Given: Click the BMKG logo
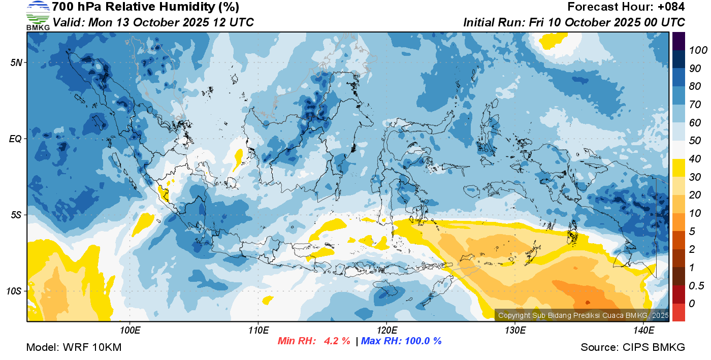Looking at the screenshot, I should click(38, 16).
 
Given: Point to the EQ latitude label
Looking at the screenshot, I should click(15, 139).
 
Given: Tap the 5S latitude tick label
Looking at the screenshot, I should click(15, 215).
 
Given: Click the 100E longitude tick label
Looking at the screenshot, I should click(130, 331).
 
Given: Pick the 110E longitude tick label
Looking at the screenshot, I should click(258, 331).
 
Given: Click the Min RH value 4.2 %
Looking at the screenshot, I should click(337, 341).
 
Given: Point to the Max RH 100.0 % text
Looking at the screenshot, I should click(401, 341).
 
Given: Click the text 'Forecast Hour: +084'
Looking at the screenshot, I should click(626, 7).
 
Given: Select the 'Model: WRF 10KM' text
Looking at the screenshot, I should click(74, 347).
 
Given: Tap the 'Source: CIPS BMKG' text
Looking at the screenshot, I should click(633, 347).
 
